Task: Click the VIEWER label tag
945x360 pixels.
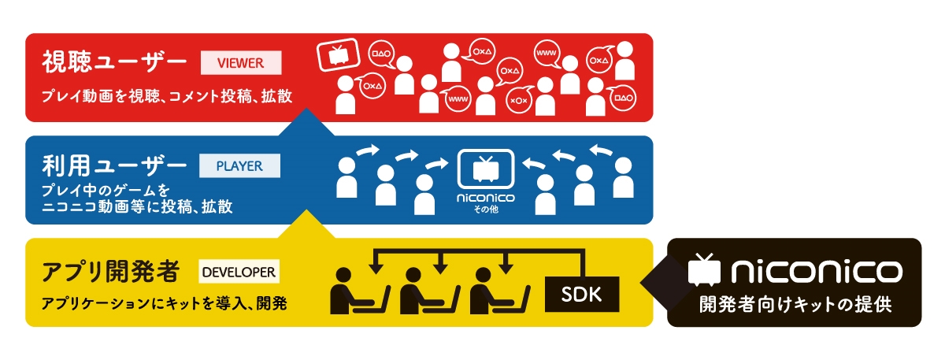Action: (242, 61)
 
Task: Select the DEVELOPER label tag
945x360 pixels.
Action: (238, 273)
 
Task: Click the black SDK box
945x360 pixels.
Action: (582, 293)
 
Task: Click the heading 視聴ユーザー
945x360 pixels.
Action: (115, 62)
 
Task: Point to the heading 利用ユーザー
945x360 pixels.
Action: (115, 167)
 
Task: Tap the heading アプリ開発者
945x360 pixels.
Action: (110, 273)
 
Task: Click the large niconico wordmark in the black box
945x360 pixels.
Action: (815, 272)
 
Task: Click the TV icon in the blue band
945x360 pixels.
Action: (486, 169)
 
